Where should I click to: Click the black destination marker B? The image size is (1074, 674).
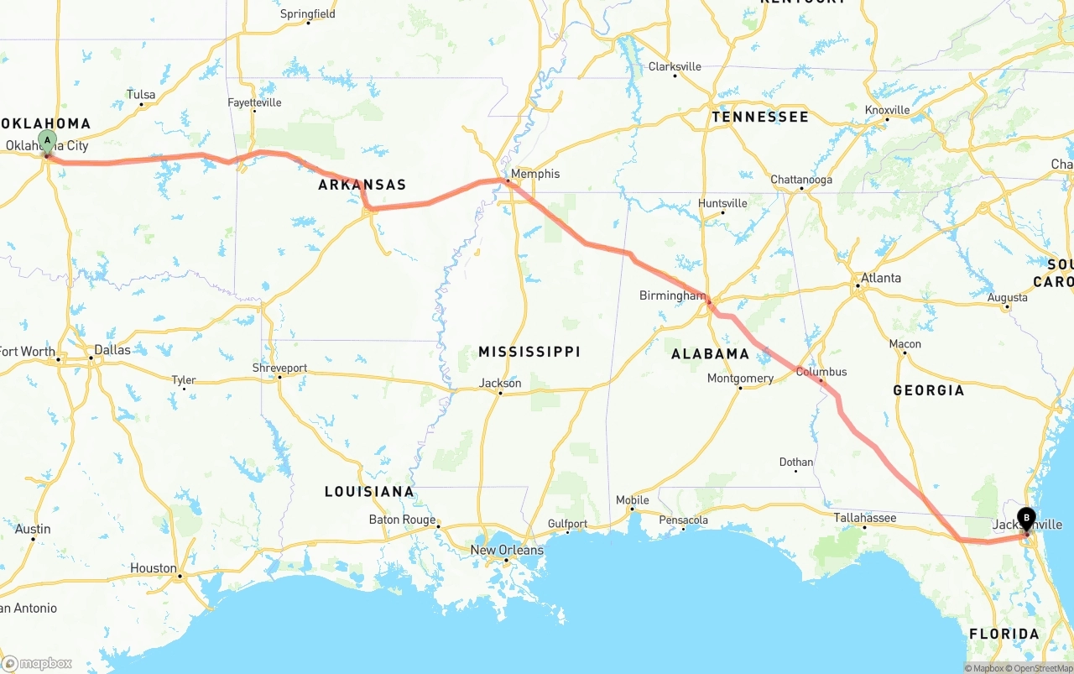[1026, 518]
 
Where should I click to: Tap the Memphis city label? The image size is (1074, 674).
[535, 174]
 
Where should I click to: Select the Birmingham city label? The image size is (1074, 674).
[672, 295]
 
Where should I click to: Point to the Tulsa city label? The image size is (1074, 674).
[141, 95]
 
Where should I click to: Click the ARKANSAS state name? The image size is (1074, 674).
[362, 185]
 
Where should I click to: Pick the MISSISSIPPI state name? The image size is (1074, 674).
[529, 351]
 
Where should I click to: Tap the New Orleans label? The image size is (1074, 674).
[507, 550]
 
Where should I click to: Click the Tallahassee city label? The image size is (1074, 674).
[864, 518]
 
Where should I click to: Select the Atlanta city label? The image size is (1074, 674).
[881, 278]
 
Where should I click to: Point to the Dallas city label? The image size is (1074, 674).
[112, 349]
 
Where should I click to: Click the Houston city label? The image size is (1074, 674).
[154, 568]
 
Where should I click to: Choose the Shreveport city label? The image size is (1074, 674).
[279, 368]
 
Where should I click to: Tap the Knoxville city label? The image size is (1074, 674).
[887, 110]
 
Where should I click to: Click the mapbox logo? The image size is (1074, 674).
[37, 663]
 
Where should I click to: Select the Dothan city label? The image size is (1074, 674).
[795, 462]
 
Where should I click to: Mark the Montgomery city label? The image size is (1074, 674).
[740, 379]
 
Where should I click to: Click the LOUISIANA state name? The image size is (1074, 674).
[369, 491]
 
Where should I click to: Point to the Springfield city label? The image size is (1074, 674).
[308, 13]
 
